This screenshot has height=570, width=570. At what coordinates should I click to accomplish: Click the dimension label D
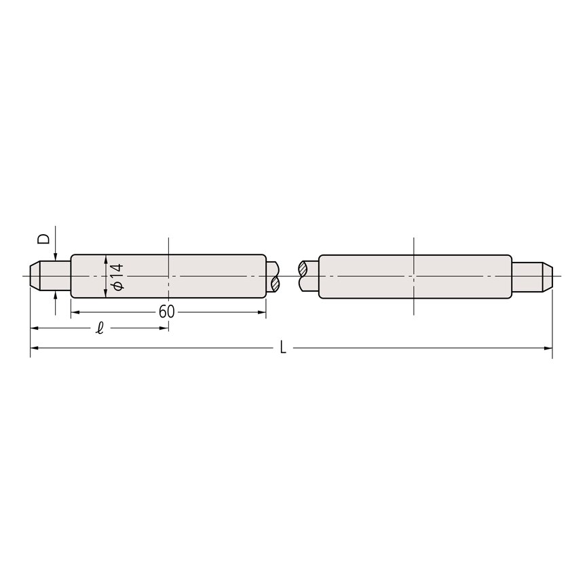(44, 239)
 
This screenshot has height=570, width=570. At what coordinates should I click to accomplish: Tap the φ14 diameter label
(119, 277)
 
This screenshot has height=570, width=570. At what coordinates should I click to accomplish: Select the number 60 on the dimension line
(167, 311)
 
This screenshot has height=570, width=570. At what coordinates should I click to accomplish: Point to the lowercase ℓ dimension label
(100, 328)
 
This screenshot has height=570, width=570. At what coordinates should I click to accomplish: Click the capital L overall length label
(283, 348)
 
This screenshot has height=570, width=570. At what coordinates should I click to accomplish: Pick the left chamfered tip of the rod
(35, 276)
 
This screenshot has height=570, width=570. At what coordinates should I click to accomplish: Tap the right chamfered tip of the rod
(548, 276)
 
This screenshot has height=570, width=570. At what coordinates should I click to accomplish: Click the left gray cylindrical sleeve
(168, 276)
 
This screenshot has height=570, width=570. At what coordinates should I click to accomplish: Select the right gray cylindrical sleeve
(415, 277)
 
